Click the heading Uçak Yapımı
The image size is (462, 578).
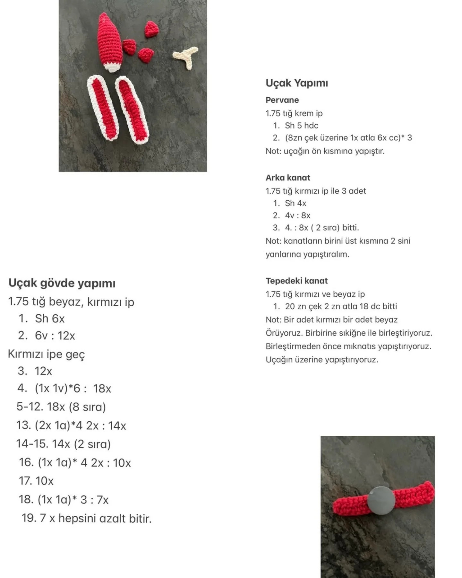pos(297,83)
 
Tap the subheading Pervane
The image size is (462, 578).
pos(282,100)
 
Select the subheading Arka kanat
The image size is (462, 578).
pos(288,178)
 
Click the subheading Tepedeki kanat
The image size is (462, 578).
pos(296,281)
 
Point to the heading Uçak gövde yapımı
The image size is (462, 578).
pos(62,283)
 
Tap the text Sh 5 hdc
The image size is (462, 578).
pos(302,126)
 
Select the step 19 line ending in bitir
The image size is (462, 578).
pos(87,518)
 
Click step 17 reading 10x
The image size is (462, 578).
pos(36,481)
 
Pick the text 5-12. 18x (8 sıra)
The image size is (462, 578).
pos(61,407)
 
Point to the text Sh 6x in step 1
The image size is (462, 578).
pos(50,319)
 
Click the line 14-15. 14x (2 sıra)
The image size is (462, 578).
pos(63,444)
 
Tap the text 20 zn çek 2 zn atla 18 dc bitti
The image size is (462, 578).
pos(341,306)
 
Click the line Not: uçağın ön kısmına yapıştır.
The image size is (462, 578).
pos(325,151)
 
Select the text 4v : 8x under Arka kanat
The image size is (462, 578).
pos(297,215)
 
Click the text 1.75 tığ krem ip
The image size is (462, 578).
pos(294,113)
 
